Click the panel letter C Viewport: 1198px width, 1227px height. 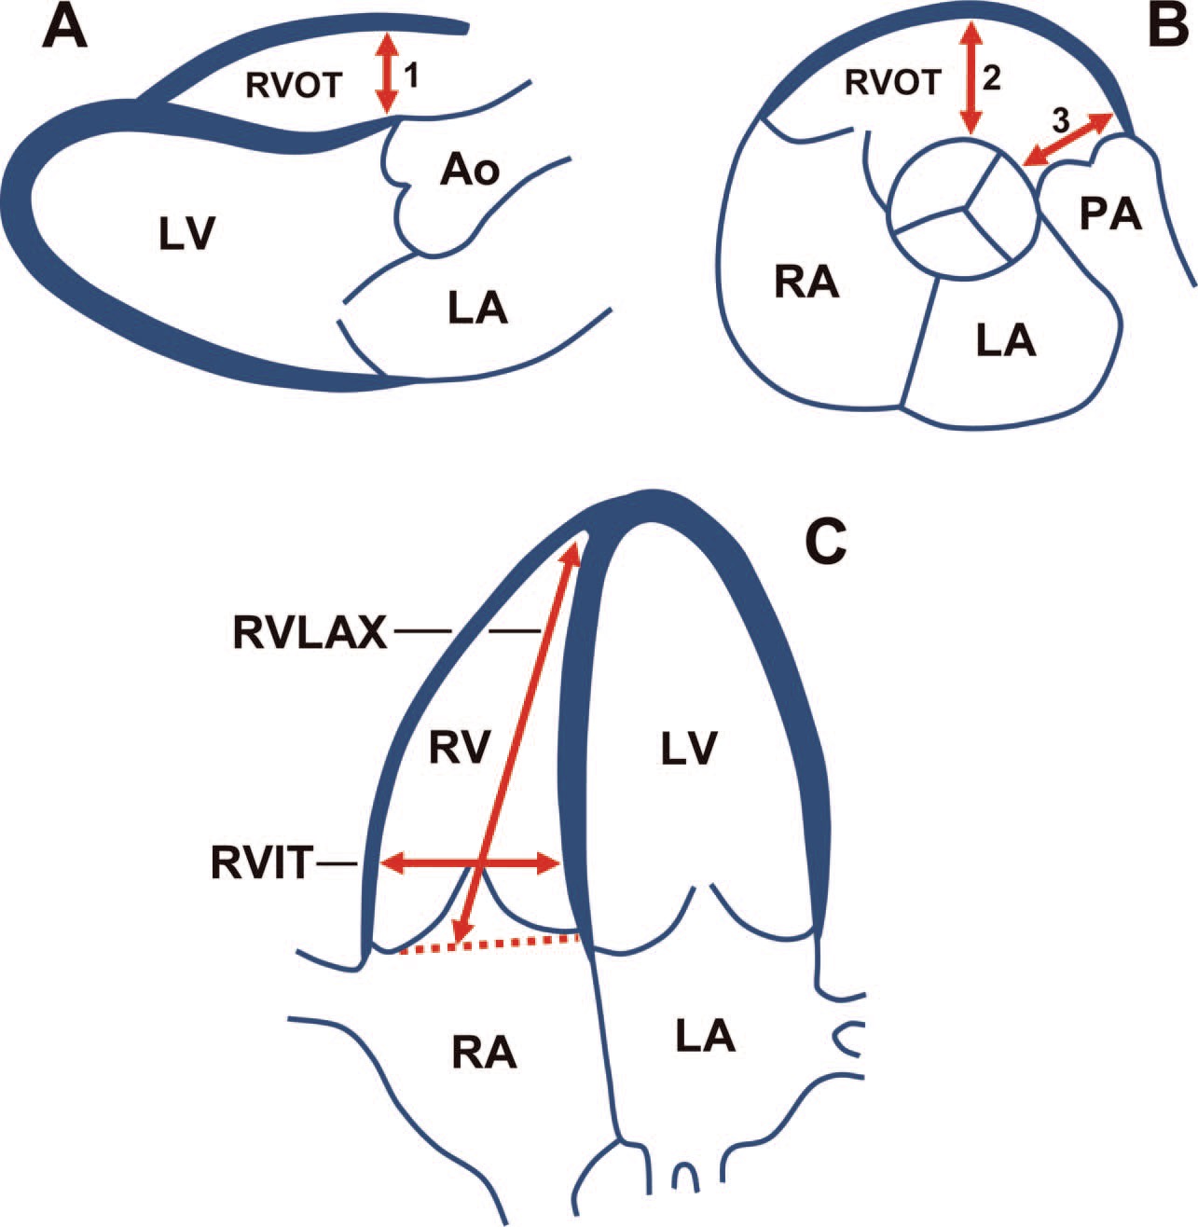825,541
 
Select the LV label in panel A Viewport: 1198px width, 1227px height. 186,236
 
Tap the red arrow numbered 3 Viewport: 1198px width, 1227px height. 1068,141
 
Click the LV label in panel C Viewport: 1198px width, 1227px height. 691,746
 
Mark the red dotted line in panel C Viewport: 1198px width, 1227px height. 489,945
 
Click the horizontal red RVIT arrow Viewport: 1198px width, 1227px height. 429,863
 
